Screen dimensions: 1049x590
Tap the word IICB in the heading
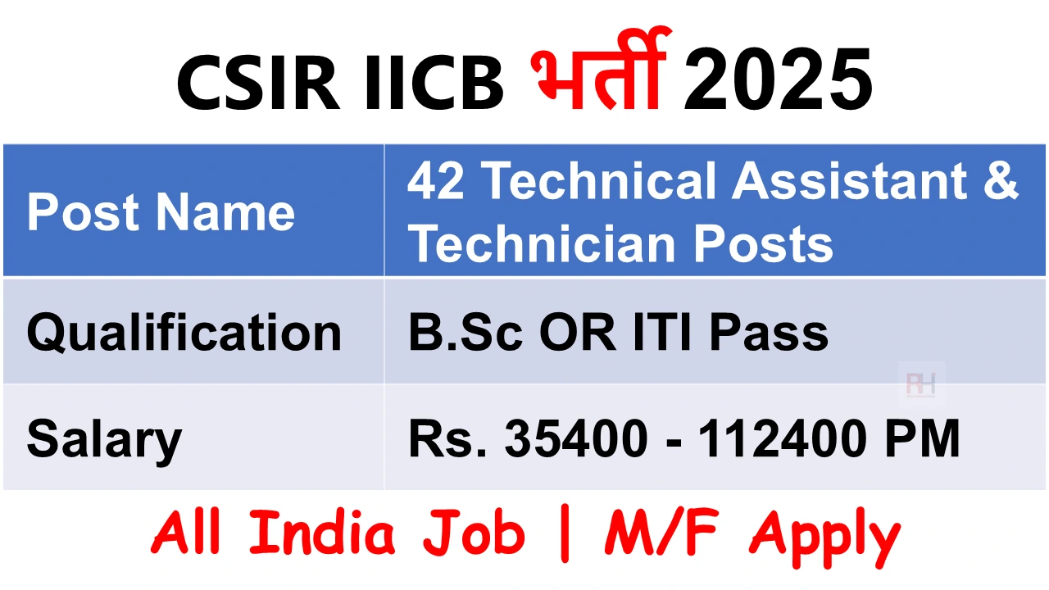point(434,83)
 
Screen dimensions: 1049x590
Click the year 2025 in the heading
point(778,80)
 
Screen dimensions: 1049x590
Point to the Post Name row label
point(161,212)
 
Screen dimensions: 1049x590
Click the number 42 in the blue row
point(436,180)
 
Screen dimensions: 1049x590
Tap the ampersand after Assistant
point(1001,180)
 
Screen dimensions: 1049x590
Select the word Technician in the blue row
point(542,243)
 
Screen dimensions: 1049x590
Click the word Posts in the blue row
point(763,244)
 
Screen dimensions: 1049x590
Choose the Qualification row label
point(184,334)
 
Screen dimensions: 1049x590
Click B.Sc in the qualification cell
point(465,333)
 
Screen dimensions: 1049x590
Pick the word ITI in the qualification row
point(661,333)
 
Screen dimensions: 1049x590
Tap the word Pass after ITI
point(769,333)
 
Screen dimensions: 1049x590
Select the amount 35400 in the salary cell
point(576,438)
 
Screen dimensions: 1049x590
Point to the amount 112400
point(780,438)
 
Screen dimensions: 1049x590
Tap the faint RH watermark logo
point(921,384)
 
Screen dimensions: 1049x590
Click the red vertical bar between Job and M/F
point(565,533)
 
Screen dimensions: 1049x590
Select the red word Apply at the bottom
point(824,538)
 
